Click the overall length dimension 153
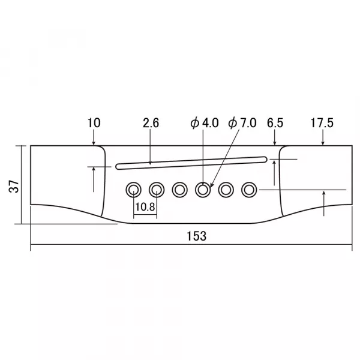197,236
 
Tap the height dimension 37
14,186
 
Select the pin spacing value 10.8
145,207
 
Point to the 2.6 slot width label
151,123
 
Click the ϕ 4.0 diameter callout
205,123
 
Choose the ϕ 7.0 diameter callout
242,123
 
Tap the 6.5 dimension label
275,123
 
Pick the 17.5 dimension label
322,123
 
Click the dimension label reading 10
94,123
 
